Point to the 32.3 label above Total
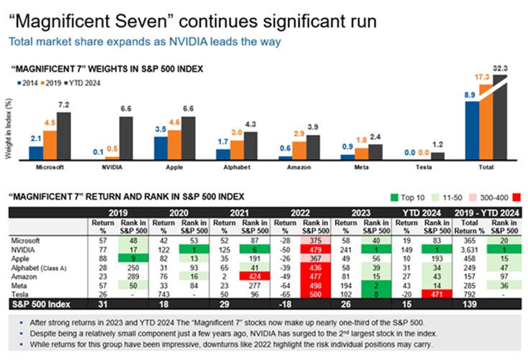pyautogui.click(x=500, y=68)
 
